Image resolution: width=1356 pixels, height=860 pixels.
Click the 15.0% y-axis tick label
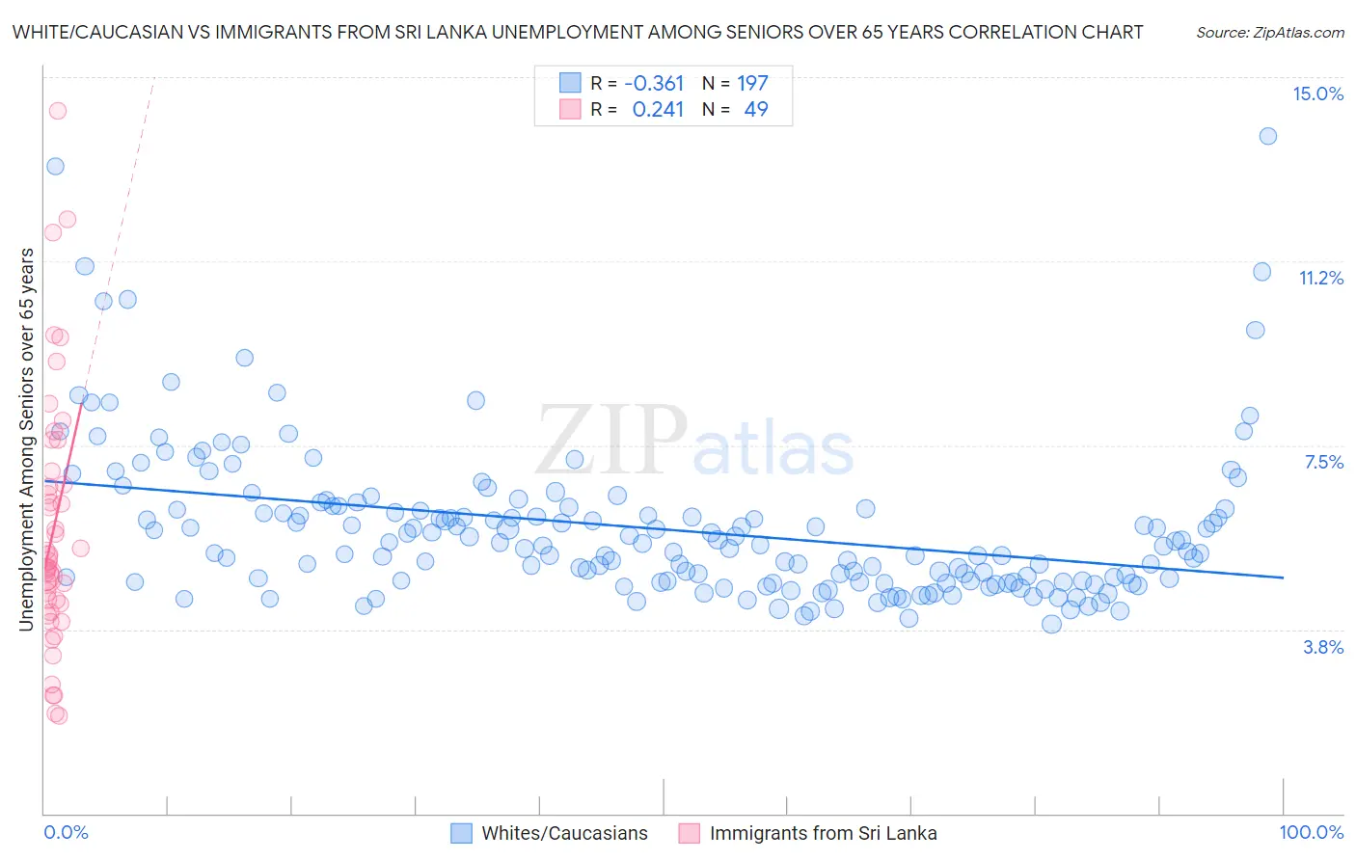coord(1317,94)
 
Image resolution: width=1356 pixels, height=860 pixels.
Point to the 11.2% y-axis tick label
coord(1320,278)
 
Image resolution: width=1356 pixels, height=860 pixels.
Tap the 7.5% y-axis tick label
coord(1323,462)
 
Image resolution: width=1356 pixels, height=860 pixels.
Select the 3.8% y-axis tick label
coord(1323,647)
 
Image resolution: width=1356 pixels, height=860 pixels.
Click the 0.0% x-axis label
coord(66,832)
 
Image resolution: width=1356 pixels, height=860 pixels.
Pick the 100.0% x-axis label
coord(1311,832)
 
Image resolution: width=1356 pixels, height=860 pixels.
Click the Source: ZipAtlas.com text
coord(1269,32)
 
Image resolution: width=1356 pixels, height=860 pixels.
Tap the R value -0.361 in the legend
coord(654,83)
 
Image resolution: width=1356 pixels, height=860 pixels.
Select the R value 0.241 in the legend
coord(658,109)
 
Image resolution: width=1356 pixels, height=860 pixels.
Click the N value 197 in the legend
coord(752,83)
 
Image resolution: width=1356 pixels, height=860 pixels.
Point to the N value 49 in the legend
coord(756,109)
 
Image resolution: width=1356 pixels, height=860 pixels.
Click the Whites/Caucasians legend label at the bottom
coord(564,833)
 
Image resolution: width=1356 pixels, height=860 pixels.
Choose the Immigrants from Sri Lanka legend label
coord(823,833)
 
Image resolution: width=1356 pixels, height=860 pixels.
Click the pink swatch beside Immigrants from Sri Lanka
coord(689,833)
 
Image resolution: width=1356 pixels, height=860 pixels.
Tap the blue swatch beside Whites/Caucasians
coord(462,833)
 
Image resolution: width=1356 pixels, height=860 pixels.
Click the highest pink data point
coord(57,111)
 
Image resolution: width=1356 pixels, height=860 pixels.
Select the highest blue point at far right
coord(1267,136)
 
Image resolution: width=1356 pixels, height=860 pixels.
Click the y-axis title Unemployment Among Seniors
coord(26,439)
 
